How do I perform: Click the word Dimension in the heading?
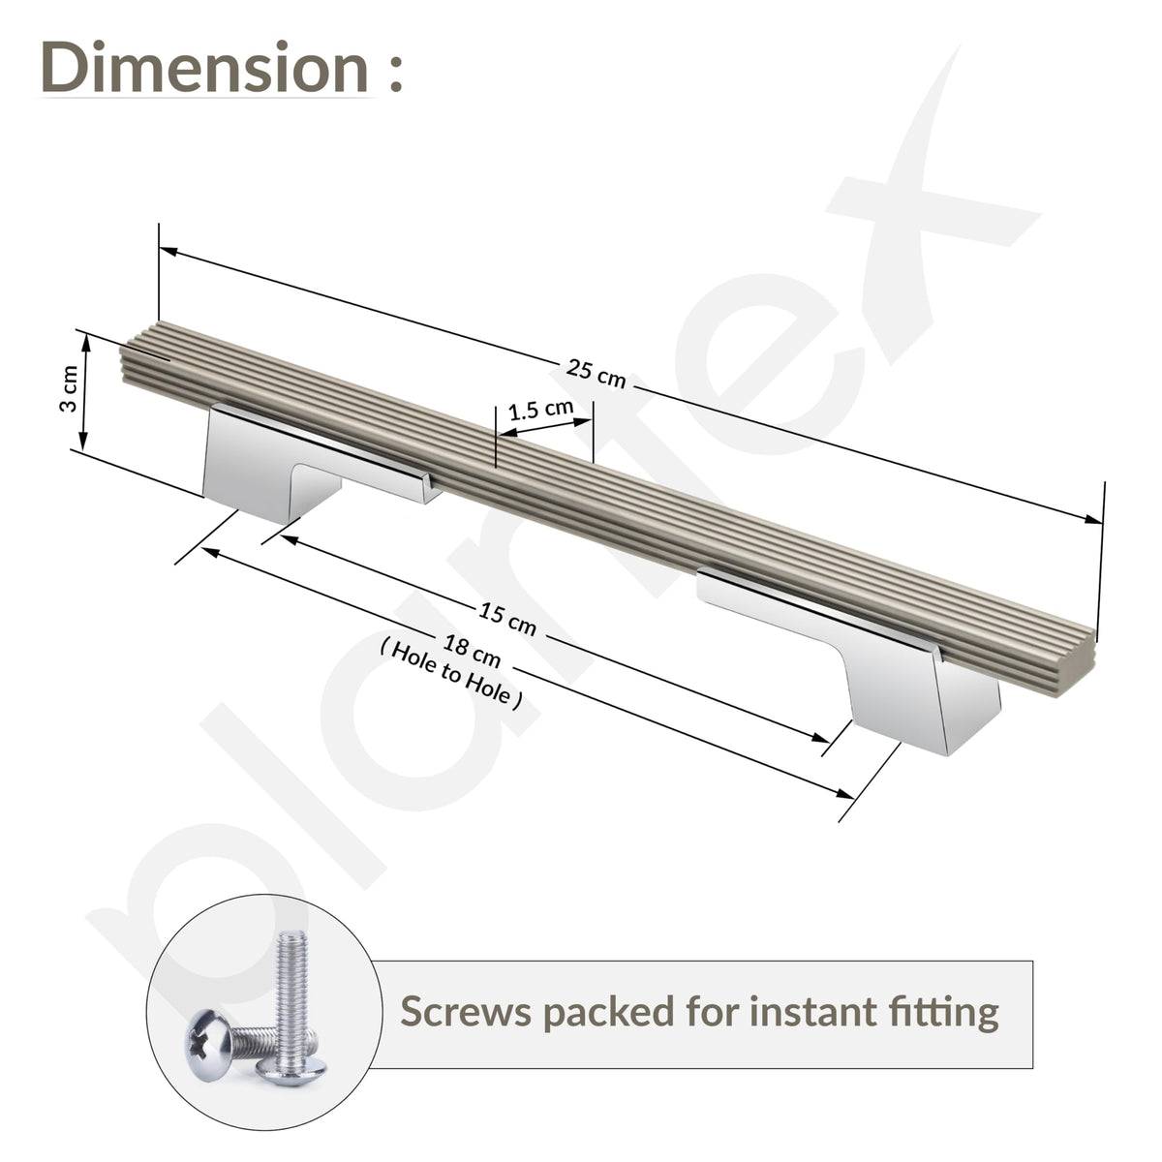(205, 68)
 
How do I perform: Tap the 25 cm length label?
(596, 374)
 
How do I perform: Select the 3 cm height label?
(69, 388)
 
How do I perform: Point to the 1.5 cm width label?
(540, 410)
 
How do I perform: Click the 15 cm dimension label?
(507, 619)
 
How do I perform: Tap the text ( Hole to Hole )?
(451, 674)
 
